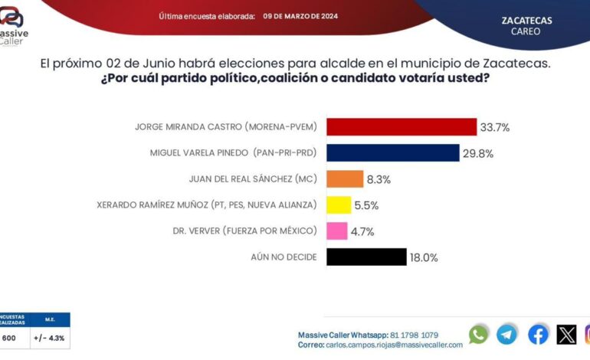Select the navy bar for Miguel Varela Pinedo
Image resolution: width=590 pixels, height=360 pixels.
pyautogui.click(x=392, y=153)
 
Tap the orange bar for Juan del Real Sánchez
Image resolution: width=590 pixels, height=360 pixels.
pyautogui.click(x=345, y=179)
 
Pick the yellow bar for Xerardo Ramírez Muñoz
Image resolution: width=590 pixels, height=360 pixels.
pyautogui.click(x=339, y=205)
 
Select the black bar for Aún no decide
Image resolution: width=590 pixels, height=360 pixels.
pyautogui.click(x=366, y=257)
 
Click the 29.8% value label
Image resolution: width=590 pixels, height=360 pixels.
pyautogui.click(x=478, y=153)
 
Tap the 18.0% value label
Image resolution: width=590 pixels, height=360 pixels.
pyautogui.click(x=424, y=258)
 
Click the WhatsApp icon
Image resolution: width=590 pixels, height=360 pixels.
pyautogui.click(x=479, y=334)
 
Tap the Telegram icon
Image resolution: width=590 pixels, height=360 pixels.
pyautogui.click(x=507, y=334)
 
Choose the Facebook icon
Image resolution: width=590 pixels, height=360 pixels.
pyautogui.click(x=538, y=334)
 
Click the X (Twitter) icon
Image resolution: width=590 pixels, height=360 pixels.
pyautogui.click(x=567, y=334)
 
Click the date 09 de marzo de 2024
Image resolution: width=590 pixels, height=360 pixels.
pyautogui.click(x=300, y=16)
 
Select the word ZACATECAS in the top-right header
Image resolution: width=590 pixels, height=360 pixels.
pyautogui.click(x=526, y=21)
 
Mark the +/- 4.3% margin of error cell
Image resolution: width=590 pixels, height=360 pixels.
pyautogui.click(x=50, y=337)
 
